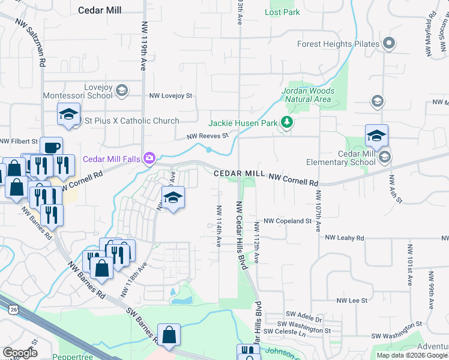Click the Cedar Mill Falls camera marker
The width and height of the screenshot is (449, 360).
pyautogui.click(x=149, y=158)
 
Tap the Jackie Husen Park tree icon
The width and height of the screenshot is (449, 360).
pyautogui.click(x=288, y=123)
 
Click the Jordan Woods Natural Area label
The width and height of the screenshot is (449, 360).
pyautogui.click(x=308, y=95)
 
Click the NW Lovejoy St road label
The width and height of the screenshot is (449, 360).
pyautogui.click(x=170, y=95)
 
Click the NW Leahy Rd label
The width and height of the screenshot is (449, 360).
pyautogui.click(x=345, y=238)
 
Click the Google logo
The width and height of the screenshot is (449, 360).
pyautogui.click(x=20, y=353)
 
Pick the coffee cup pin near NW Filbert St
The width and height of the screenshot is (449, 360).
pyautogui.click(x=52, y=147)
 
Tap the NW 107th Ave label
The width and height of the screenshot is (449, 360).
pyautogui.click(x=318, y=213)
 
